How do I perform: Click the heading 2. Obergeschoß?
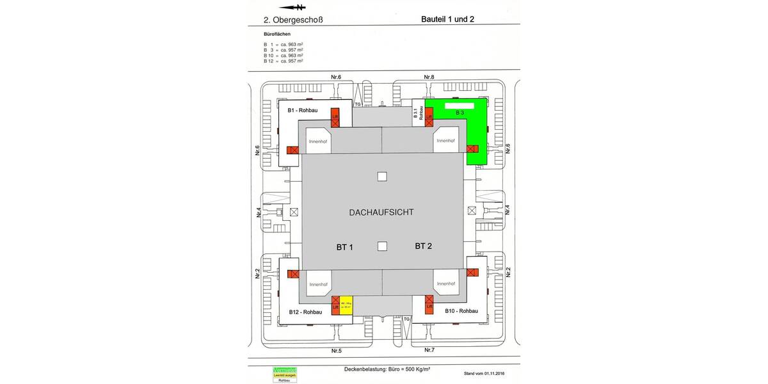292,20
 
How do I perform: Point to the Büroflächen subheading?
278,33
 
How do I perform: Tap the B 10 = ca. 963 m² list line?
284,56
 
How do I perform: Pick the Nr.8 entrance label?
429,77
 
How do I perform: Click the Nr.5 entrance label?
336,351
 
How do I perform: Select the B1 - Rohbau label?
303,111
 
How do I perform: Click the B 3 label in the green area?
460,113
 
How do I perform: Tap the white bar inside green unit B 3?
459,104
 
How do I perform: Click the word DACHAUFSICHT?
381,211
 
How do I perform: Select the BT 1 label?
345,246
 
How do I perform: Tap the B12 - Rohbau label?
305,312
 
